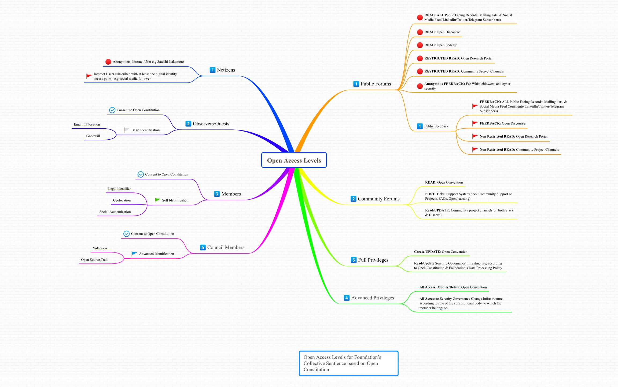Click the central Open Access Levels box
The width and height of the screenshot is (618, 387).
(x=294, y=160)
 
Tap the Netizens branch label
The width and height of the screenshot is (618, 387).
(x=226, y=70)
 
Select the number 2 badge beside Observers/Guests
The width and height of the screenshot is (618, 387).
(x=188, y=124)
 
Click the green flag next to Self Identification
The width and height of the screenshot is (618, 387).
(x=157, y=200)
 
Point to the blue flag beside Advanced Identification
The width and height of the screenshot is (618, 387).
(x=134, y=254)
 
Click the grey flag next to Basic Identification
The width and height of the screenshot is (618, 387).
(x=126, y=130)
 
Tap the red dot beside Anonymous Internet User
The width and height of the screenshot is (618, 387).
(x=108, y=62)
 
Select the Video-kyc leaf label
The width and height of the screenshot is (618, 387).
(x=100, y=248)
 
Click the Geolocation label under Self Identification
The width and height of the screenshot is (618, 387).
(x=122, y=200)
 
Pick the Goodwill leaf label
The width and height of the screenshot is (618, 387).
(x=93, y=136)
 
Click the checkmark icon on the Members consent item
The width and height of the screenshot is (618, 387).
(x=141, y=174)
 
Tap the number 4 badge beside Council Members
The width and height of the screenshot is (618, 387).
(x=203, y=247)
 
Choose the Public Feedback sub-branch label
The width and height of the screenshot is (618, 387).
(x=436, y=126)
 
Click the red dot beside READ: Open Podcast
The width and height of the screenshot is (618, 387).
(x=420, y=45)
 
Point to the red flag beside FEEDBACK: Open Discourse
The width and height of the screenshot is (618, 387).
(x=475, y=123)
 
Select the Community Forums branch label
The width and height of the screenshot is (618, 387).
(x=378, y=199)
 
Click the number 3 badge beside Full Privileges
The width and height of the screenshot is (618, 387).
(x=354, y=260)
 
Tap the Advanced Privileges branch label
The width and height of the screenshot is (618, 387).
(x=373, y=298)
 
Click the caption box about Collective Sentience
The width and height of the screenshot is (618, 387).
(x=348, y=363)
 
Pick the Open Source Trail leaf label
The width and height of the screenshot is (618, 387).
(x=94, y=260)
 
